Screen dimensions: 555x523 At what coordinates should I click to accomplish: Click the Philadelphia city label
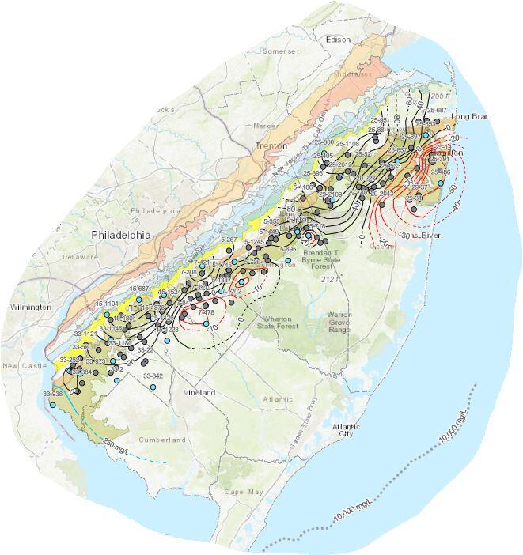tap(120, 235)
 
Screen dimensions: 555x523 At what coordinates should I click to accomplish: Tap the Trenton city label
tap(271, 146)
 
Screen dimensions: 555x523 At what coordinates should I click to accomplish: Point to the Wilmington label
tap(31, 307)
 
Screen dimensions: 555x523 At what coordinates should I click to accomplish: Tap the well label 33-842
tap(153, 376)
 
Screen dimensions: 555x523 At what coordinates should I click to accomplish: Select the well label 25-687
tap(437, 110)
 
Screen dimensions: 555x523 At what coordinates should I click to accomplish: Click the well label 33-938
tap(53, 394)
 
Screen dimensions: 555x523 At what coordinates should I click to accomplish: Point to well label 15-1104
tap(106, 304)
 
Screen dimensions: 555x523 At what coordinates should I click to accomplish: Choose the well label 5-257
tap(229, 239)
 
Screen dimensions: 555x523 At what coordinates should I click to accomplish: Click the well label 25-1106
tap(347, 143)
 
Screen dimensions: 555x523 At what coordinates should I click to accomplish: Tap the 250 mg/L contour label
tap(119, 453)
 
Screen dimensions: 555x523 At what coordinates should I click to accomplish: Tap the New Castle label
tap(17, 366)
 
